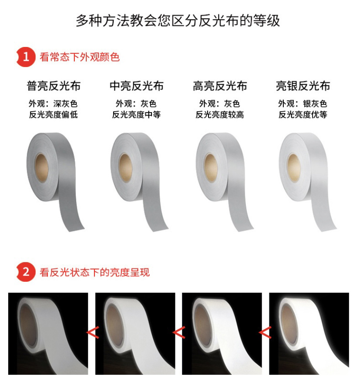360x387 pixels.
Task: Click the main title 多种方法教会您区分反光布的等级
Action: (178, 20)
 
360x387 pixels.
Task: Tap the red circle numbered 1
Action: (26, 57)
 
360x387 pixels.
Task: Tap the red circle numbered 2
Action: (26, 272)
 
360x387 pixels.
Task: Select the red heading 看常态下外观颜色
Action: (80, 57)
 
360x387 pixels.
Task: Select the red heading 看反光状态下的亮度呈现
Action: (94, 272)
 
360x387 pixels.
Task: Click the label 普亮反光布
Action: (54, 86)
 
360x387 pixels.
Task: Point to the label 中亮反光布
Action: (137, 86)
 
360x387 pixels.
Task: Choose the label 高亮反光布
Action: (220, 86)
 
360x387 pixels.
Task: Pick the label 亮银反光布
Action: (303, 86)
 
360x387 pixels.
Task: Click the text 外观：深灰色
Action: (53, 103)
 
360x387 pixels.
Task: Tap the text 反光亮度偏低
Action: (54, 114)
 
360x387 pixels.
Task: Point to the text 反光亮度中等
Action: (136, 114)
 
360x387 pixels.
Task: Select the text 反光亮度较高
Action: (220, 114)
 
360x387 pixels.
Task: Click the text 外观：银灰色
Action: (303, 103)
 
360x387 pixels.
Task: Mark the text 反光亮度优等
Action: (303, 114)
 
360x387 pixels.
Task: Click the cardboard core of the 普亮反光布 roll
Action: (41, 167)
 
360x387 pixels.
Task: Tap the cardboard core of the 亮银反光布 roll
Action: (294, 168)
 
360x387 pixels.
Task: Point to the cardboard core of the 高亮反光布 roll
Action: (211, 168)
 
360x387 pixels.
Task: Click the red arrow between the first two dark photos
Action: (93, 332)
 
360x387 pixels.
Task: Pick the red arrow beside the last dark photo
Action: (265, 332)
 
